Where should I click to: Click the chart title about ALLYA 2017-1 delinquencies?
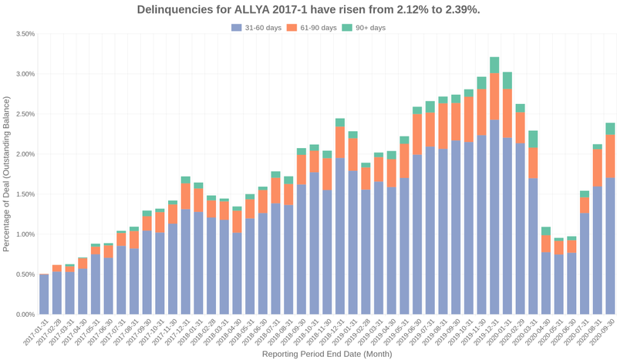pos(308,10)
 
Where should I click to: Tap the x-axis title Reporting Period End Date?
pos(327,354)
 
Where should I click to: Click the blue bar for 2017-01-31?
pos(44,294)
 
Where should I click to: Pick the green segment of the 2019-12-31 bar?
pos(494,66)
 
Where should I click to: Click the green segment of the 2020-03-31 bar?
pos(533,140)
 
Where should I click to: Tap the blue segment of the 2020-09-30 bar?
pos(610,247)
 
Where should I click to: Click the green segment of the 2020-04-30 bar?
pos(546,231)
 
